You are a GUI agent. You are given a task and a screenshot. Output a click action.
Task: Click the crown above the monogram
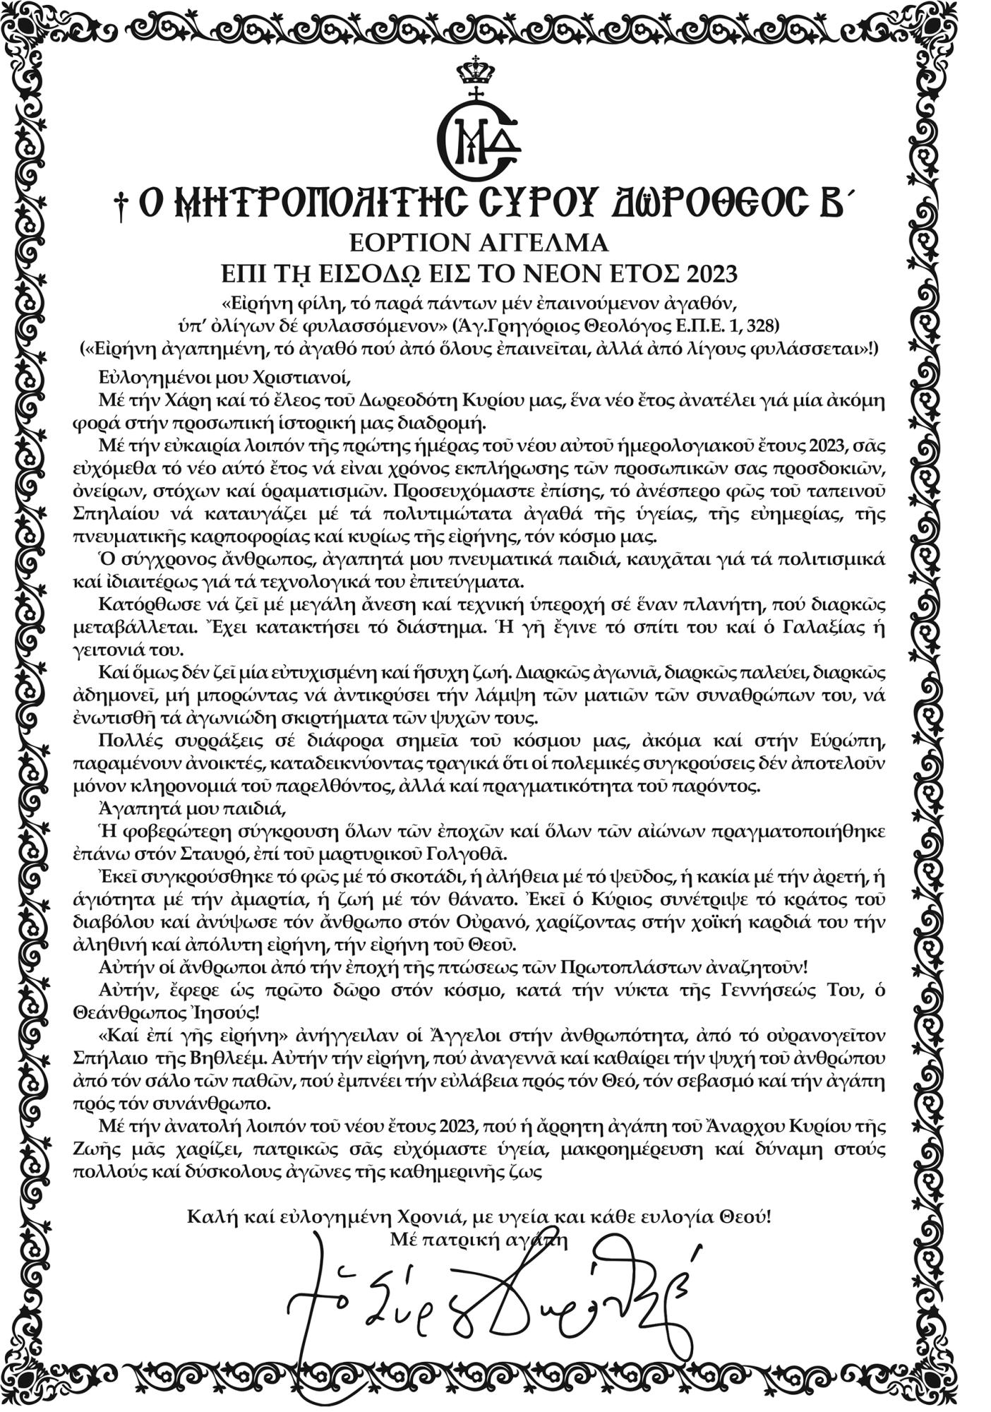tap(476, 71)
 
